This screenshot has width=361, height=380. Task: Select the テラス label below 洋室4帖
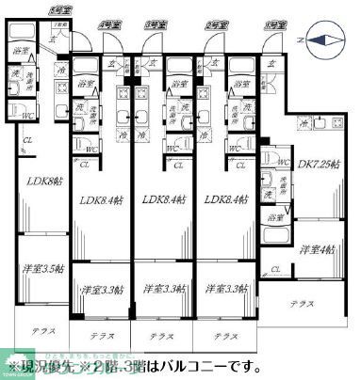(x=303, y=304)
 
